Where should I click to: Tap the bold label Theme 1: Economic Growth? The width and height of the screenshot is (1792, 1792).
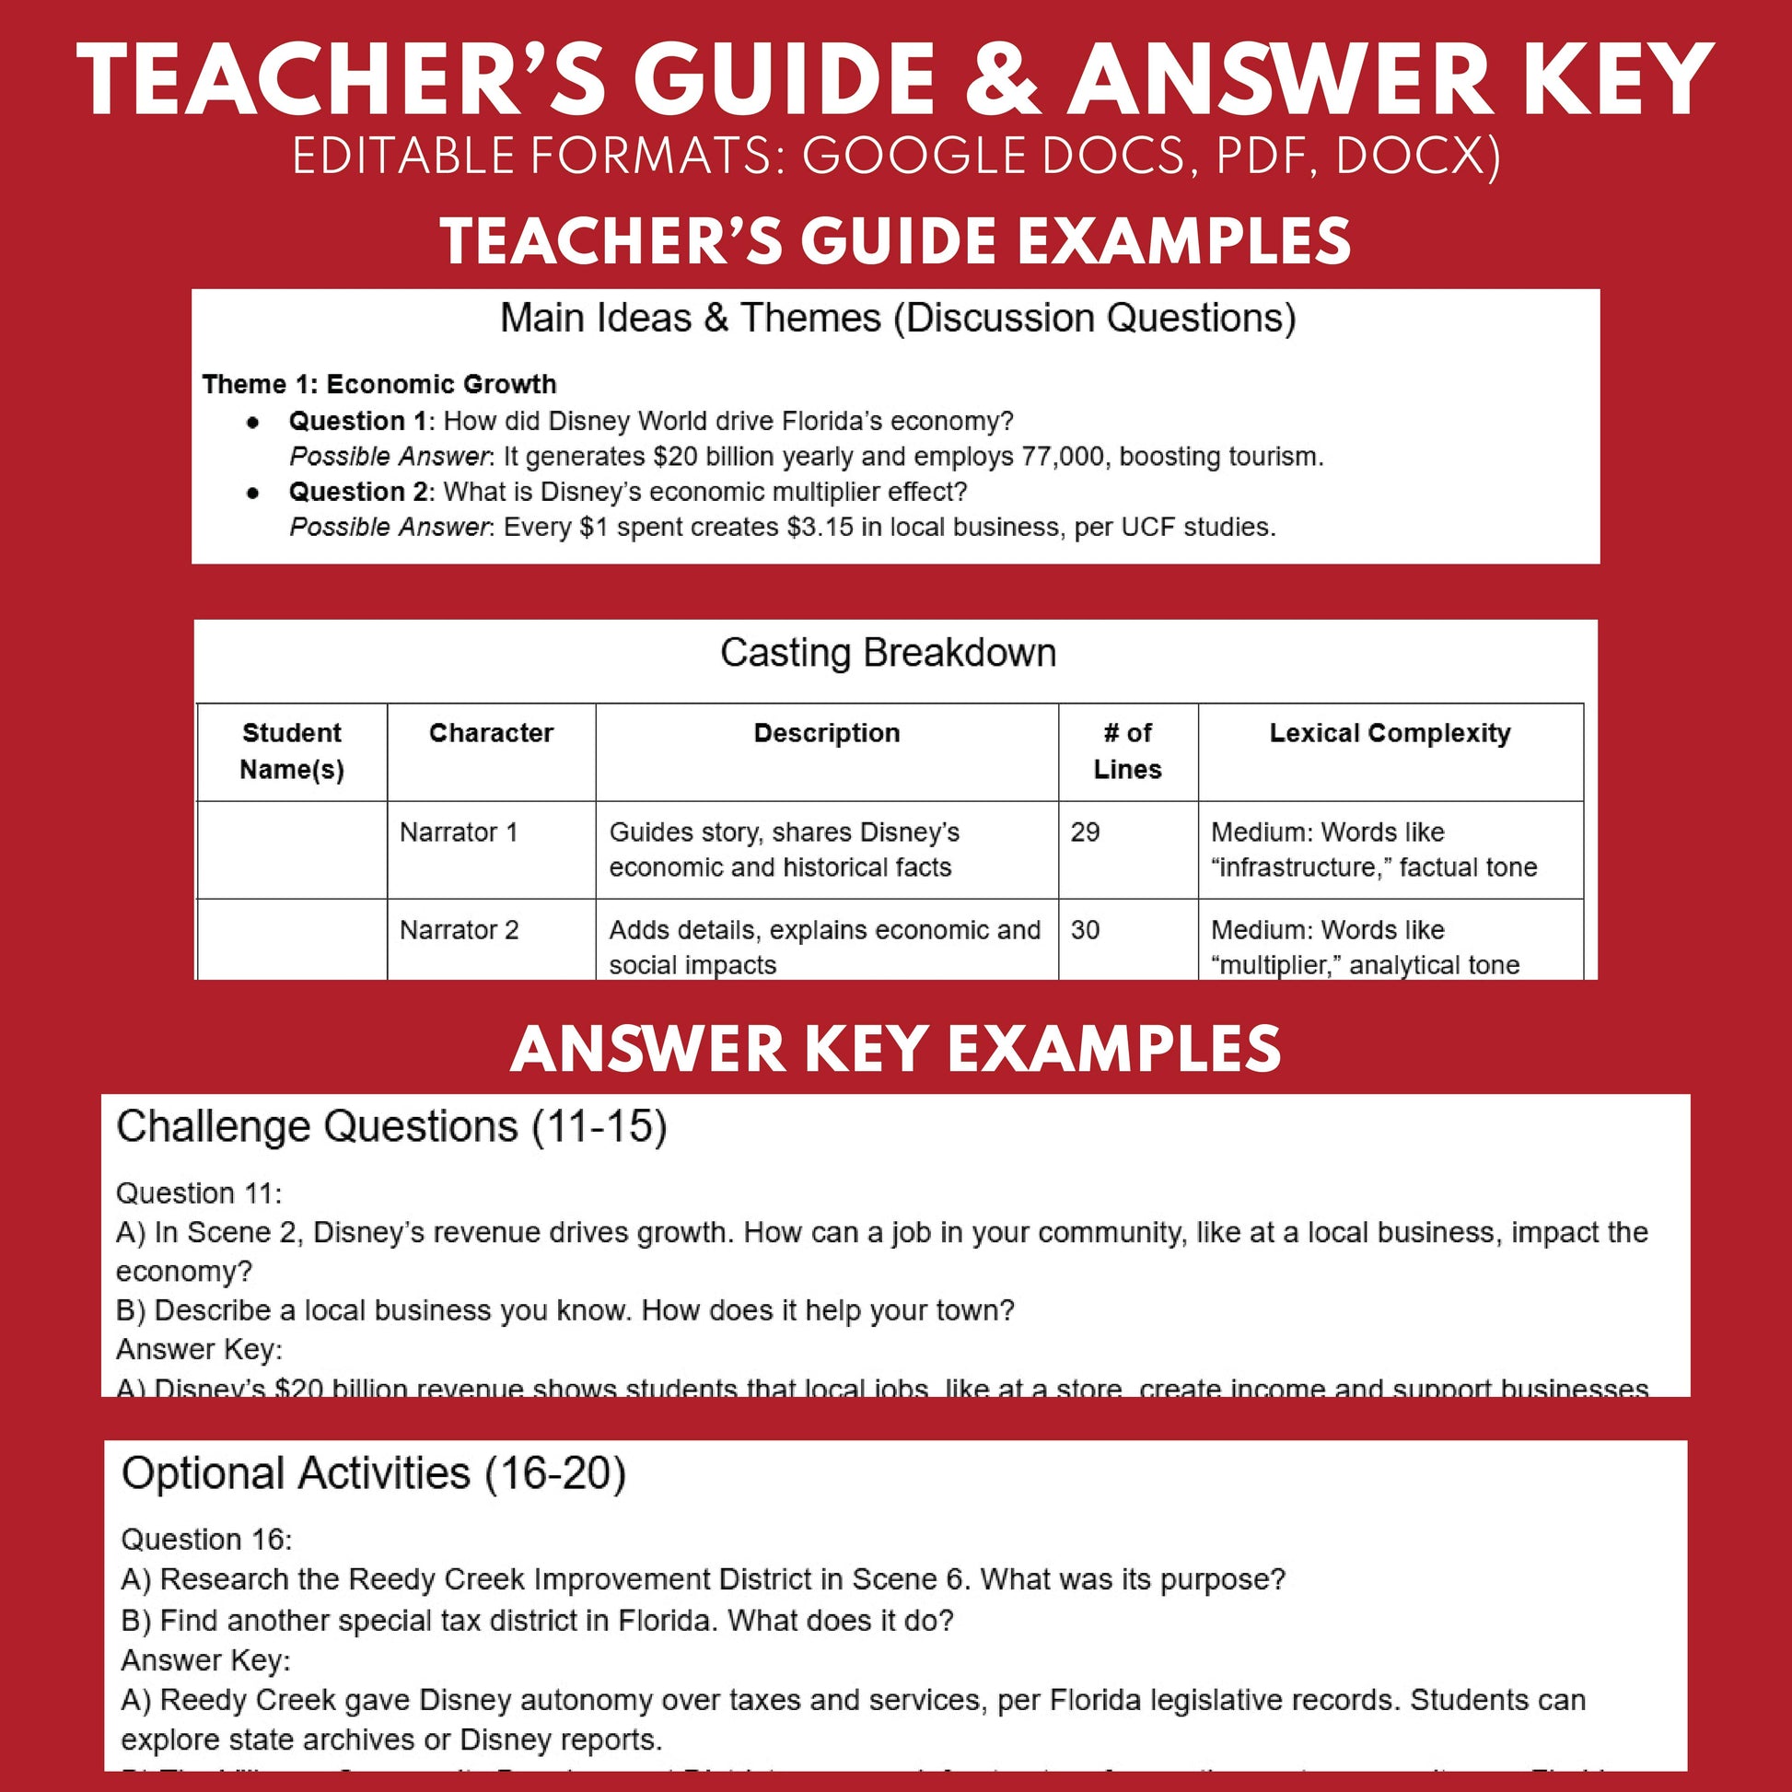point(378,384)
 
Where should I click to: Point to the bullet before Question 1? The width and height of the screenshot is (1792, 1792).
point(253,422)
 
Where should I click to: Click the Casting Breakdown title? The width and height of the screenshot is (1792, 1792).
point(888,653)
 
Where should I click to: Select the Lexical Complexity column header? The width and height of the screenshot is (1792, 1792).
point(1390,733)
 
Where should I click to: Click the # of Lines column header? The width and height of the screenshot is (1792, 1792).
point(1127,751)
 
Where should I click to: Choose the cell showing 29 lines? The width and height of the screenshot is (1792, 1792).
point(1084,832)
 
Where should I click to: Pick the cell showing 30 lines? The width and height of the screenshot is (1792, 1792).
point(1084,929)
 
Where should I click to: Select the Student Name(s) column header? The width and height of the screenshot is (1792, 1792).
point(291,751)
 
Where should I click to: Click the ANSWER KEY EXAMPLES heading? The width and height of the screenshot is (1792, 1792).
point(895,1049)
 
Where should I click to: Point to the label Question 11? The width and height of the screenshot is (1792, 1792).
point(199,1193)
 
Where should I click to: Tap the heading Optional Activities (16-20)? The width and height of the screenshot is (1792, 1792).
point(373,1473)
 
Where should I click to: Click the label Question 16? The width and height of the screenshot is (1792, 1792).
point(206,1540)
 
